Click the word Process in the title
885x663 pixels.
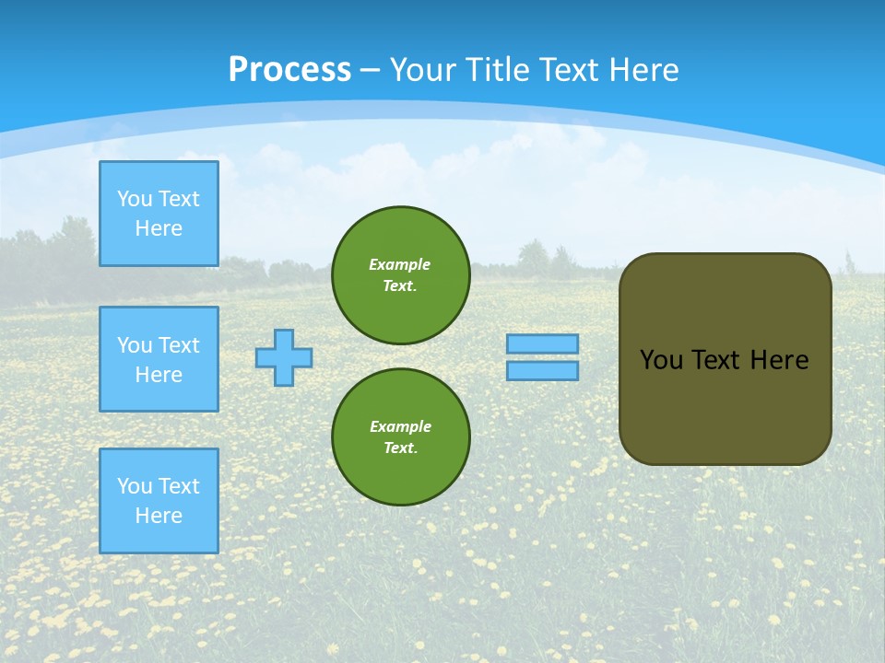(x=289, y=69)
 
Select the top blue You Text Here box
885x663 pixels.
(x=159, y=214)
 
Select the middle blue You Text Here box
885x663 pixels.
(x=159, y=359)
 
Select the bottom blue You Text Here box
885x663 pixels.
(x=159, y=501)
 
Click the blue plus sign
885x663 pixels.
(x=284, y=358)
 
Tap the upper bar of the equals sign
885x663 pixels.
(x=542, y=344)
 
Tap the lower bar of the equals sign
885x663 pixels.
(x=542, y=371)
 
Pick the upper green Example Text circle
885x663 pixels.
(x=401, y=275)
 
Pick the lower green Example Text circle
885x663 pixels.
(x=401, y=437)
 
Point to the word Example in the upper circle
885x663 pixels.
(x=399, y=264)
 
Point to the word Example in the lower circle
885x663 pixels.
(x=400, y=426)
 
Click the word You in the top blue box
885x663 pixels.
(x=134, y=199)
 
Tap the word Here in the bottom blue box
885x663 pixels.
(x=159, y=516)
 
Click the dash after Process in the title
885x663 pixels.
(x=370, y=70)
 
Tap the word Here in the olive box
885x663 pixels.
(x=779, y=360)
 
